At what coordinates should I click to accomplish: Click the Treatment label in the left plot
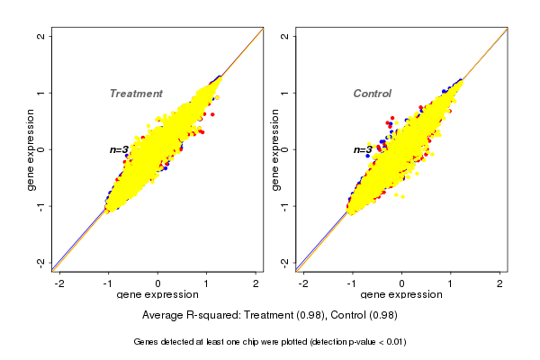coord(136,94)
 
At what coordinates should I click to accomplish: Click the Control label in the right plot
coord(373,94)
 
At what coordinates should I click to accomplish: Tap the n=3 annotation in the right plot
coord(363,149)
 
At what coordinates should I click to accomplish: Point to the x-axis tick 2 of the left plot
coord(256,283)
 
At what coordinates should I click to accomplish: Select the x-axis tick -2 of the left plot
coord(59,283)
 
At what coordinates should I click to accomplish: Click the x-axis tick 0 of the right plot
coord(401,283)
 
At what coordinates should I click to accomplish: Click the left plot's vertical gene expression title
coord(31,149)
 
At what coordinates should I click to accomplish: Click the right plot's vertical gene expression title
coord(274,149)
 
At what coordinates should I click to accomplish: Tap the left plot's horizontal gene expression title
coord(157,295)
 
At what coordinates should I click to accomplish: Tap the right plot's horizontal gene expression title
coord(401,295)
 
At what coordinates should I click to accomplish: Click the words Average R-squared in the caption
coord(185,315)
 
